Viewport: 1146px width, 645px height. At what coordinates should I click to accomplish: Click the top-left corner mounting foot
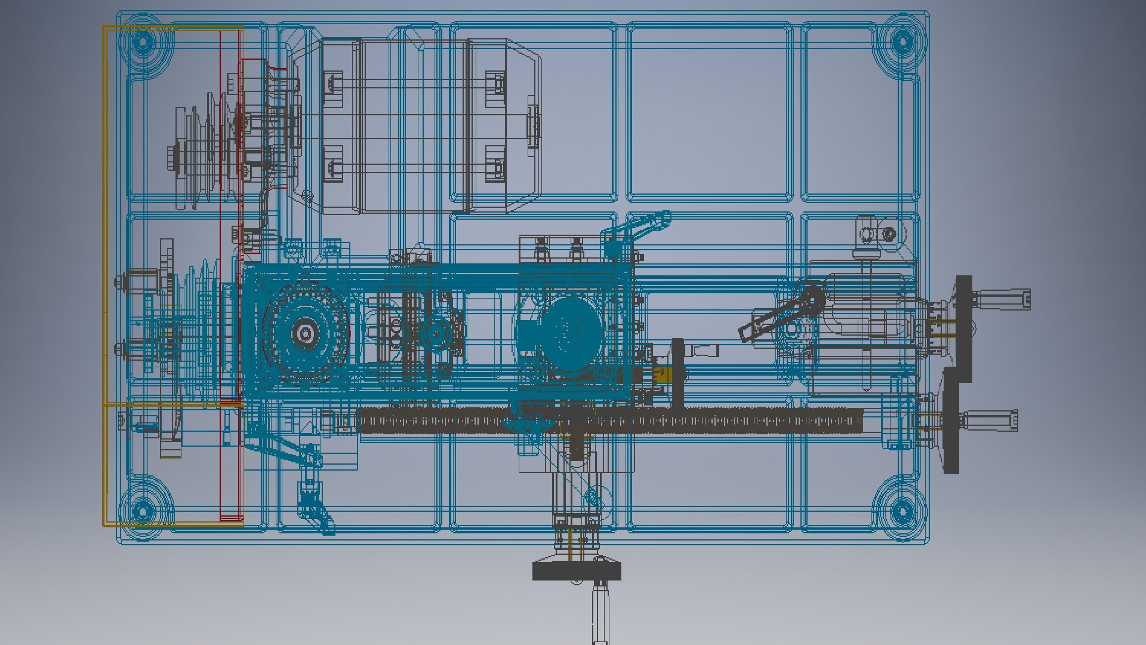click(x=142, y=42)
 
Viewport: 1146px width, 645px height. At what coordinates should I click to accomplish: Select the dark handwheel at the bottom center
click(x=577, y=571)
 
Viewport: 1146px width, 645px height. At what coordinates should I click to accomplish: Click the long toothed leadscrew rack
click(x=609, y=420)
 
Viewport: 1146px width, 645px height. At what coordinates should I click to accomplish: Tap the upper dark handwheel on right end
click(x=963, y=328)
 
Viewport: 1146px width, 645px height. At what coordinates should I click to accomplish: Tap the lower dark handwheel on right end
click(x=951, y=421)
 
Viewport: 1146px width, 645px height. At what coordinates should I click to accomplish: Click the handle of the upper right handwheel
click(x=1003, y=299)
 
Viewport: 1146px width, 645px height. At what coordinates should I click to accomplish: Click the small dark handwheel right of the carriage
click(x=678, y=375)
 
